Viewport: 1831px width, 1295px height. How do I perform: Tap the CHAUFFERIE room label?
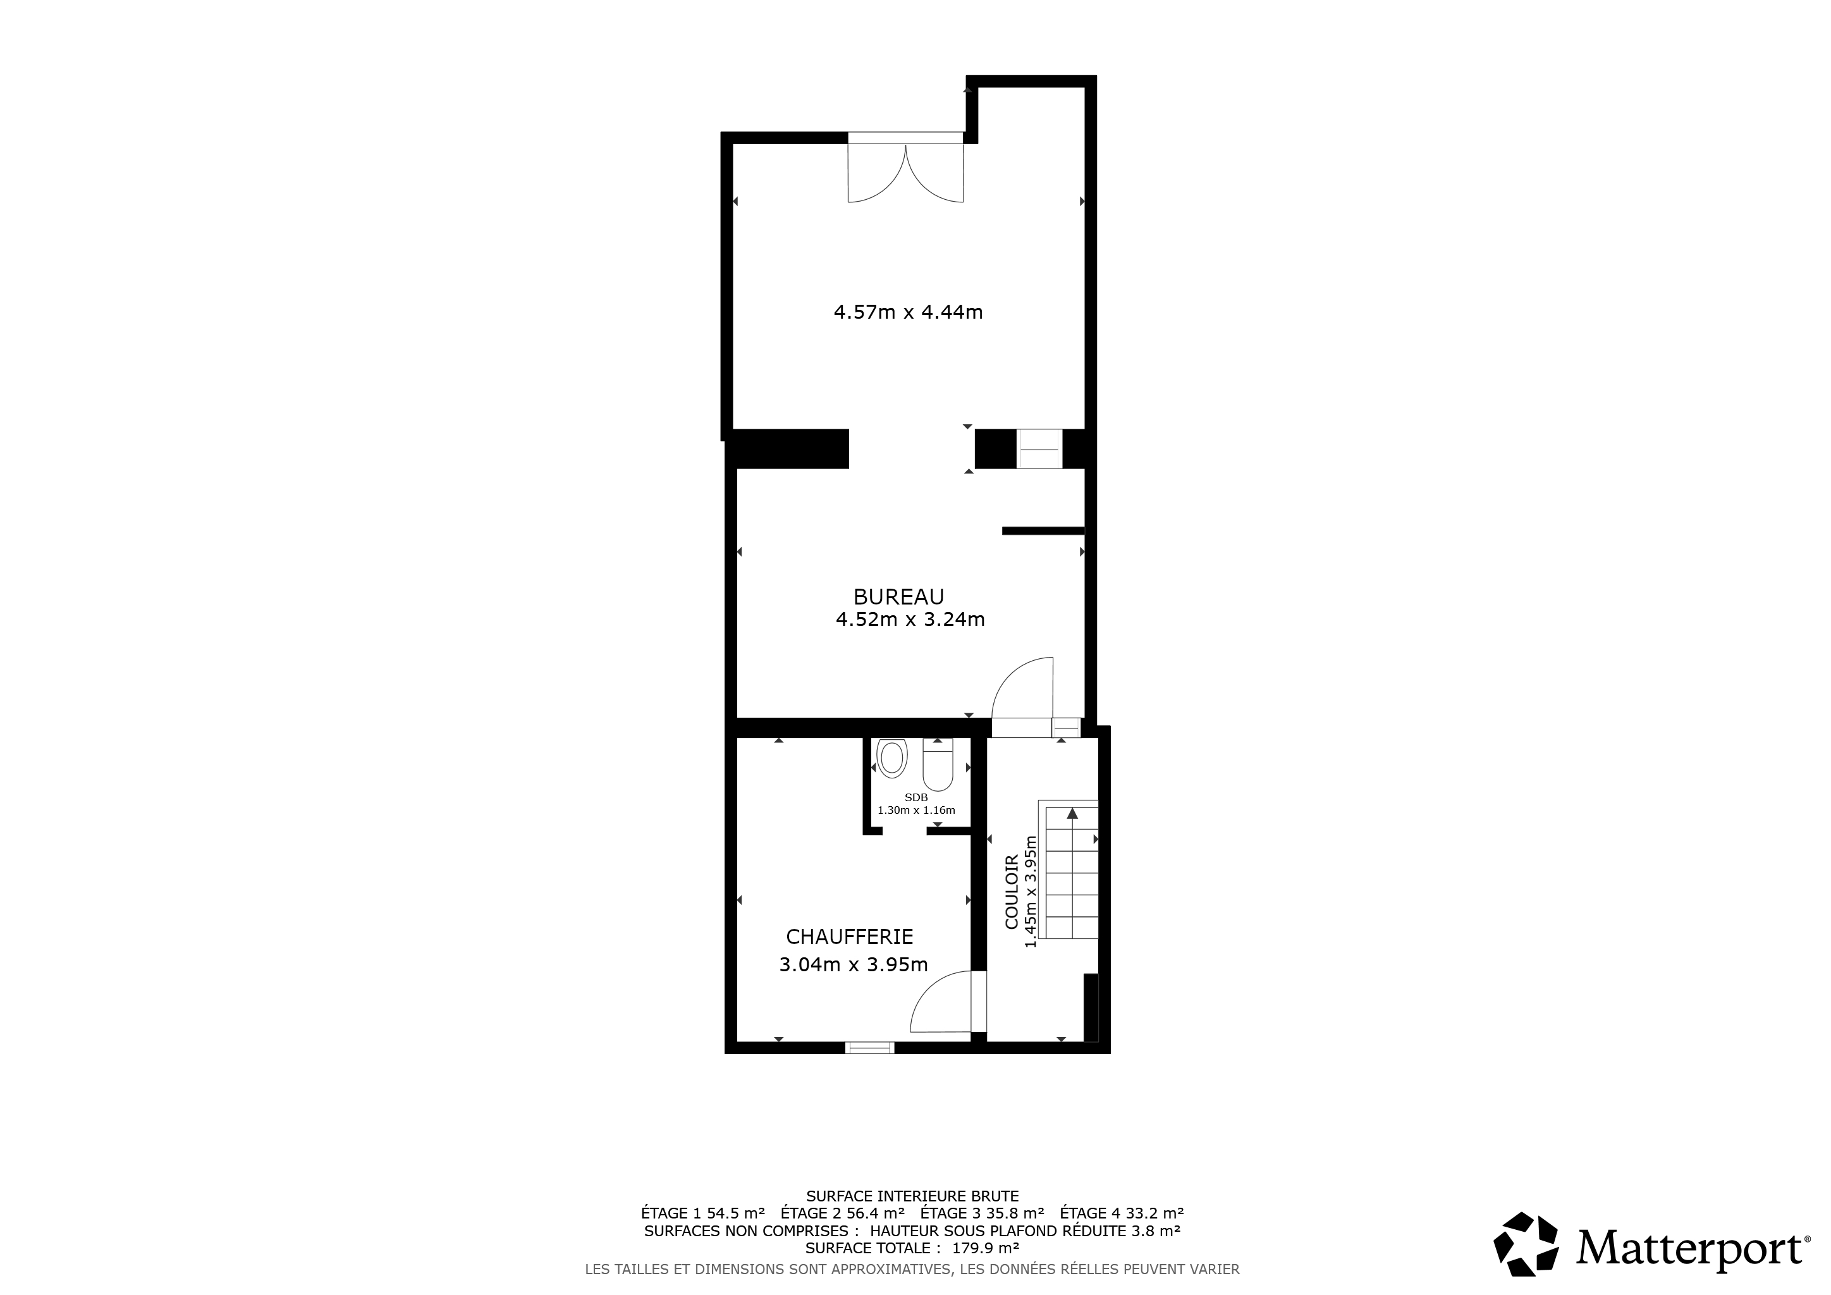[x=849, y=937]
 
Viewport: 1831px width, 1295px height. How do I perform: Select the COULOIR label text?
[x=1011, y=892]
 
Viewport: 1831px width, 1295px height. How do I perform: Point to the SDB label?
[x=916, y=797]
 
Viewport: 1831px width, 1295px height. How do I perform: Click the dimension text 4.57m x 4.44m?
[x=909, y=312]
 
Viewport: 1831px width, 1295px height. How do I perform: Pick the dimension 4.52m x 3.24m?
[x=910, y=620]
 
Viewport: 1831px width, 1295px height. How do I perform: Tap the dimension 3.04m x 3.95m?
[x=854, y=965]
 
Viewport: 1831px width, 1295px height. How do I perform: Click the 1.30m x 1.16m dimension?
[x=916, y=810]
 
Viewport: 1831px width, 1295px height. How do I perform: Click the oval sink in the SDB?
[x=892, y=758]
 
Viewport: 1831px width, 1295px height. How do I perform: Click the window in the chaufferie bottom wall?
[x=870, y=1047]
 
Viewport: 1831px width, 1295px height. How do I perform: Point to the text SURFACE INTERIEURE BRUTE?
[x=912, y=1196]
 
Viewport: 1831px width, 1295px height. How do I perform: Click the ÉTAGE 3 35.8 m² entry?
[x=983, y=1213]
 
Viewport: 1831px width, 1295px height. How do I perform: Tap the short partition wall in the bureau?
[x=1043, y=531]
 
